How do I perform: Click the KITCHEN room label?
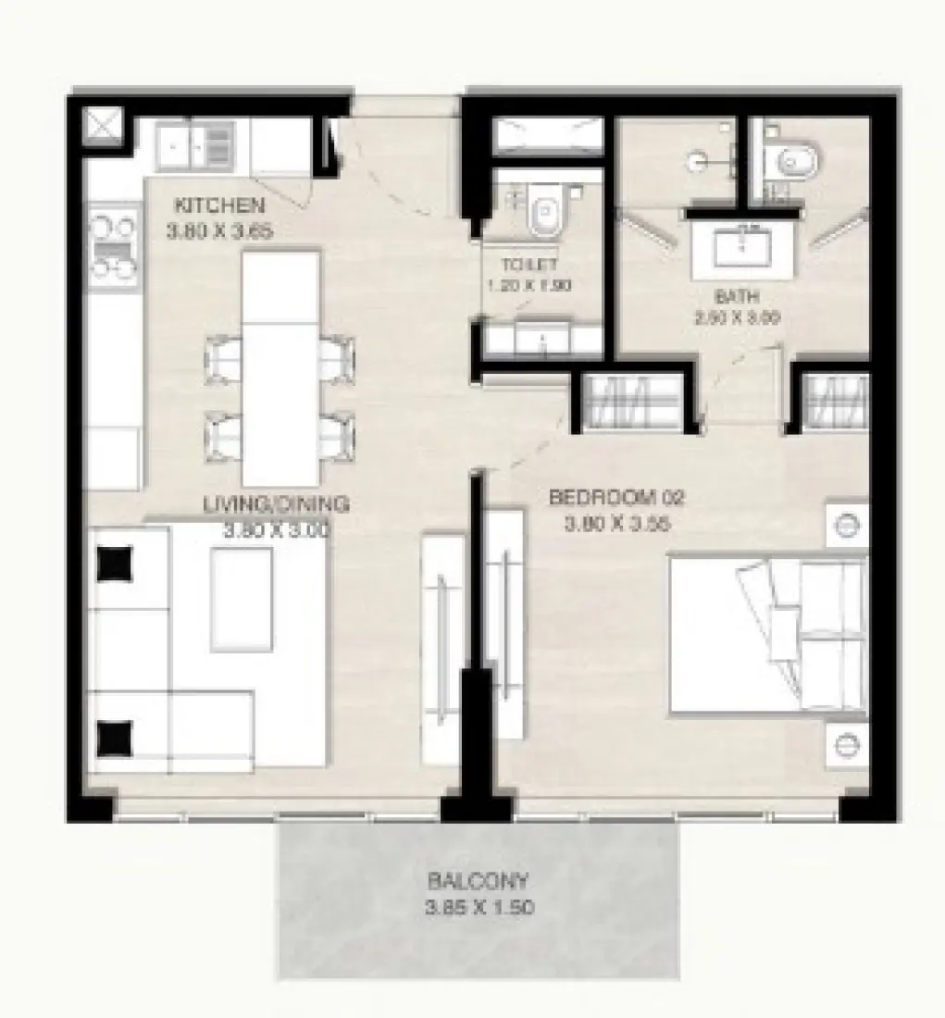coord(219,205)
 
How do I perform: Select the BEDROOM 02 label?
coord(615,498)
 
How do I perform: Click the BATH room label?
coord(737,297)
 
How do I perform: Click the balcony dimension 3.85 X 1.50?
coord(479,908)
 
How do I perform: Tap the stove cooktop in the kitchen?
coord(113,246)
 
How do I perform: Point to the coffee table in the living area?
coord(241,598)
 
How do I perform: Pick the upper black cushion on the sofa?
coord(115,563)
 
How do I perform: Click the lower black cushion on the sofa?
coord(115,738)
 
